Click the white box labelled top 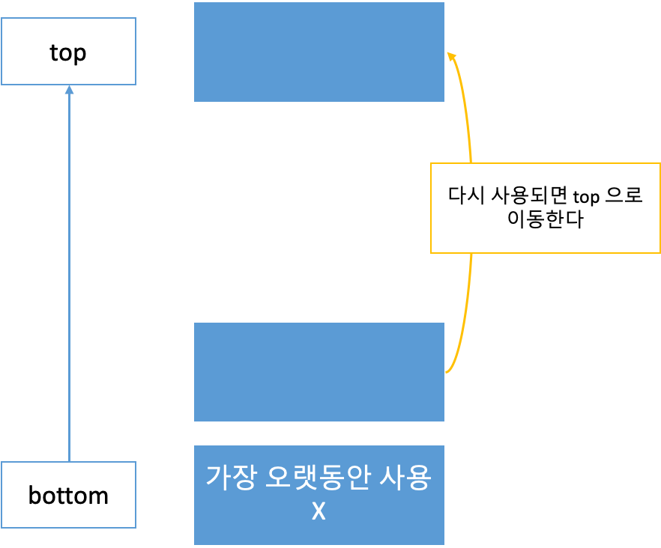(x=68, y=52)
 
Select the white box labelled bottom (x=68, y=495)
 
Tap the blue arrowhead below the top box (x=69, y=89)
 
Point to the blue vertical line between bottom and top (x=69, y=277)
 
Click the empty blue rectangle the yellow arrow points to (x=319, y=52)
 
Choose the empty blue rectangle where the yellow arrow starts (x=319, y=372)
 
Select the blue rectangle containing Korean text (x=319, y=495)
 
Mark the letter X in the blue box (x=319, y=513)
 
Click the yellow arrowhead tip (x=449, y=54)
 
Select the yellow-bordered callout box (x=545, y=207)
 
